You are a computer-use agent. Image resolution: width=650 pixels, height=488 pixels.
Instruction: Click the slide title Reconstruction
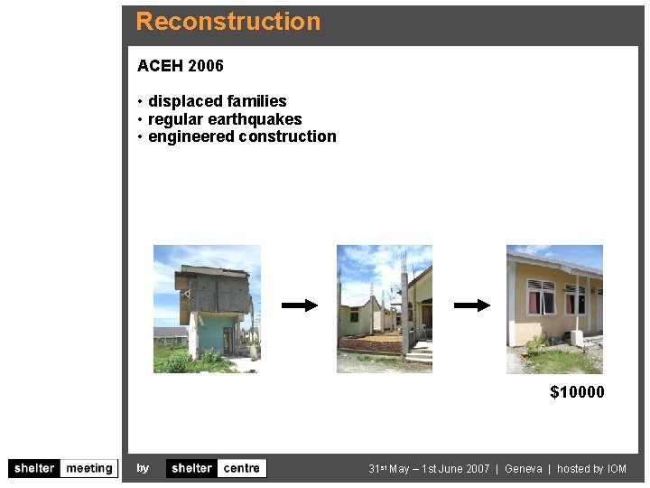[227, 22]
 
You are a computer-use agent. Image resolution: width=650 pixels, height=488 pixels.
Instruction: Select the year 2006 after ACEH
[207, 66]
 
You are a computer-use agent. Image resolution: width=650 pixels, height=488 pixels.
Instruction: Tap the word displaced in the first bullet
[183, 101]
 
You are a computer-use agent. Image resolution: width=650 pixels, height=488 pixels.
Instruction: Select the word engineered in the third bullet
[191, 136]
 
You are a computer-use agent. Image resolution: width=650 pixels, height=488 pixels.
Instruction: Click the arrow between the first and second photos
[300, 305]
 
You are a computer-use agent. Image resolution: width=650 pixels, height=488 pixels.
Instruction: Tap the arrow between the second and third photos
[471, 305]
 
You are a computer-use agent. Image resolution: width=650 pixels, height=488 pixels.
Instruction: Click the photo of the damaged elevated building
[207, 309]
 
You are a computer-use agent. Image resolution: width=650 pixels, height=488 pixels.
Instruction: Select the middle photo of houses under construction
[385, 309]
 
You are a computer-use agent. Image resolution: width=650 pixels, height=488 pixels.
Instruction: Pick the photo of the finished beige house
[554, 309]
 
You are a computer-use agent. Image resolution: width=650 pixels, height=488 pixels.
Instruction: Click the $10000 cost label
[577, 392]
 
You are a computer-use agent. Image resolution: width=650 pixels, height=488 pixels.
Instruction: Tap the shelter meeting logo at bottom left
[63, 468]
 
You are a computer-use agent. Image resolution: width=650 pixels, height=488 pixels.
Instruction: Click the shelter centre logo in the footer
[217, 468]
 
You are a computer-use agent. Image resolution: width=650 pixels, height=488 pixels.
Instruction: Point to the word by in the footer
[143, 468]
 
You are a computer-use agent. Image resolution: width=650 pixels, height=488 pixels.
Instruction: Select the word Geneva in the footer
[524, 469]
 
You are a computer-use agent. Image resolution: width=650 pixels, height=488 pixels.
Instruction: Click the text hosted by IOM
[591, 469]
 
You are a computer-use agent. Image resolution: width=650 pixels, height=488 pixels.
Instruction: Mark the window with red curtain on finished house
[542, 296]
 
